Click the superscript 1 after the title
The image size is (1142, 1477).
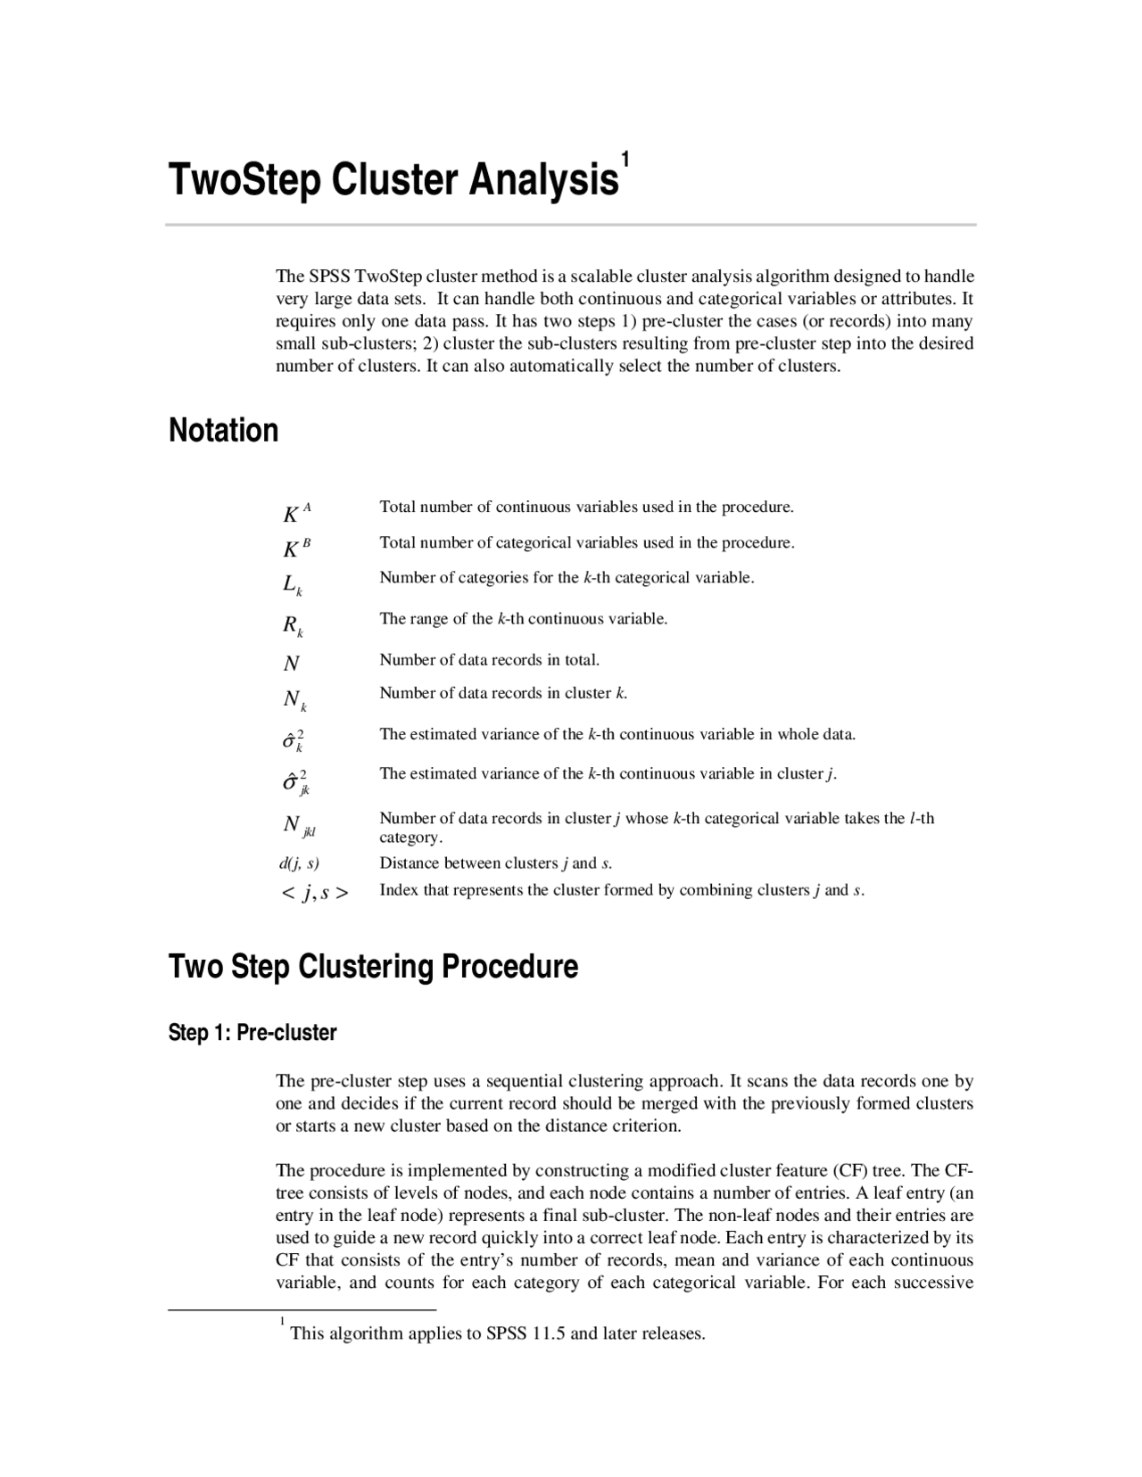point(626,161)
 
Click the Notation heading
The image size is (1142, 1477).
point(223,431)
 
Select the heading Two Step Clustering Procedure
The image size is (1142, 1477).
point(373,967)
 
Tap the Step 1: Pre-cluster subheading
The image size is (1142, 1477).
point(252,1033)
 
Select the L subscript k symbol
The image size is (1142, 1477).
point(293,585)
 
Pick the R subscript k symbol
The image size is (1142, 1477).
point(293,625)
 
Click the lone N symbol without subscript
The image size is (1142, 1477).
point(291,664)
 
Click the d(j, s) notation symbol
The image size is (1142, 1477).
point(299,863)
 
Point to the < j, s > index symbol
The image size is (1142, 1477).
point(315,892)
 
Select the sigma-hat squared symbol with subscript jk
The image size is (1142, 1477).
point(295,782)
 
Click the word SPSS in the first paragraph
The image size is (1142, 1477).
point(329,276)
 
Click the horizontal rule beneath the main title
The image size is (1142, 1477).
point(571,225)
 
